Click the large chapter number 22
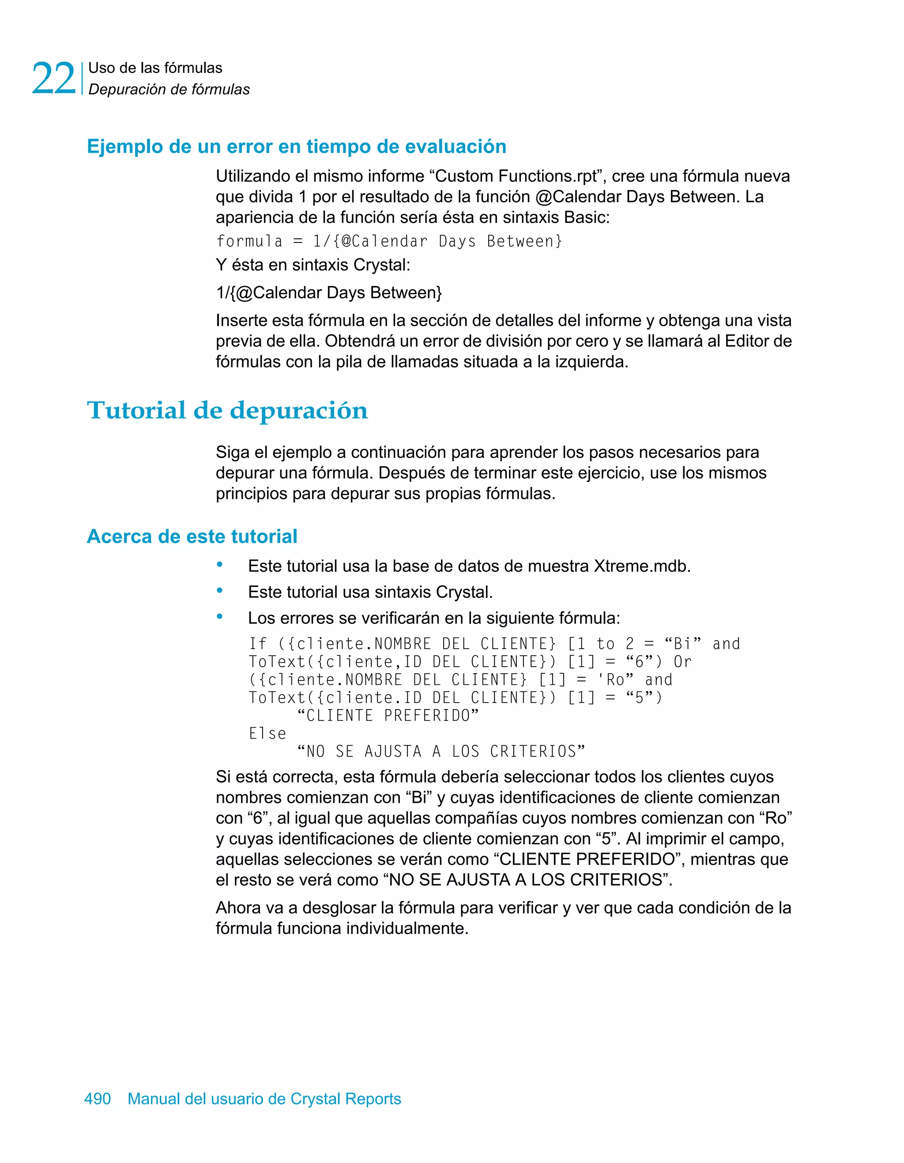(53, 79)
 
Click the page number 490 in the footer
(98, 1099)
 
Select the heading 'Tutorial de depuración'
(227, 411)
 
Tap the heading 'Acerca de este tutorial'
(192, 536)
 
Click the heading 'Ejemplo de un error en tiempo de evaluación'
(297, 147)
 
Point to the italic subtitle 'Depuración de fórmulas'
(169, 90)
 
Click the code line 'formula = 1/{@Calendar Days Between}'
(388, 241)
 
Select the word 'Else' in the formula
(267, 734)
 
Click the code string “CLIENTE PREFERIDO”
(388, 716)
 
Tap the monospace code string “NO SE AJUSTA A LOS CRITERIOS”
(441, 751)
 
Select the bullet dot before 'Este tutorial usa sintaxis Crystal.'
(219, 591)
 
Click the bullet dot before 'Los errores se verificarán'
(219, 617)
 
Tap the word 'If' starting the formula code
(257, 644)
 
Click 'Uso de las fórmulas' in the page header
(155, 68)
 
